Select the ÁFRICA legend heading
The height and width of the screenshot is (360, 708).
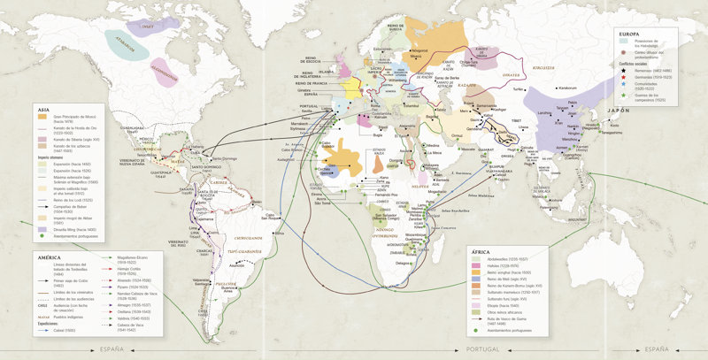point(481,251)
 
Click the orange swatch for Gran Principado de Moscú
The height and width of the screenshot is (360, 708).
point(42,117)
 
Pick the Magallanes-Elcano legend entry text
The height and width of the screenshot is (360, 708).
point(134,258)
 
